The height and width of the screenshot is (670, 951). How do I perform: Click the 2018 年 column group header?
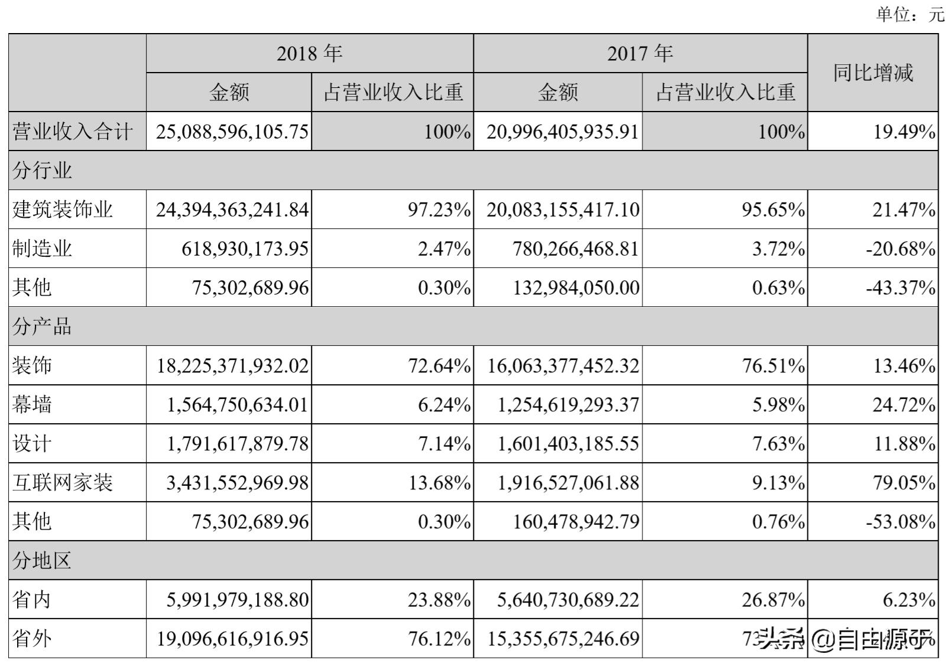[309, 54]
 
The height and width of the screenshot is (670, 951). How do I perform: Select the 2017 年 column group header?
[640, 54]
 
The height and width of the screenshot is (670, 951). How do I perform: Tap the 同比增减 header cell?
[872, 73]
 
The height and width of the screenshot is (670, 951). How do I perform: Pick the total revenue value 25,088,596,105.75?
[232, 132]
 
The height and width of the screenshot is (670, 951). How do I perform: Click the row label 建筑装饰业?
[63, 210]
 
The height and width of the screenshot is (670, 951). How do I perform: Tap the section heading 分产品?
[42, 326]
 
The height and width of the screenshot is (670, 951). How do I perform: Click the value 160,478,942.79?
[576, 522]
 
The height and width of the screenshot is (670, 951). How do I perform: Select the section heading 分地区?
[42, 560]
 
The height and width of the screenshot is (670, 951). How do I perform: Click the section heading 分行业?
[42, 171]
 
